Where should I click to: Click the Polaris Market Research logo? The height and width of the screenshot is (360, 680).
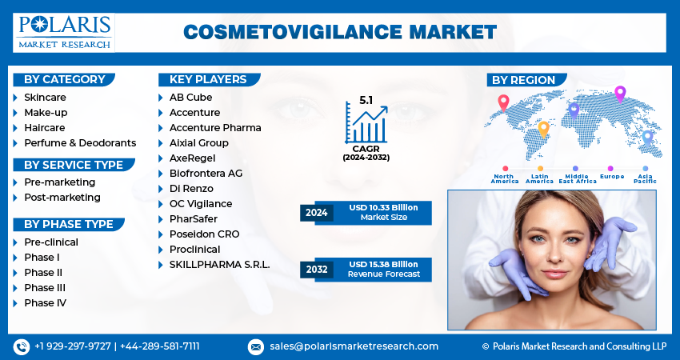64,33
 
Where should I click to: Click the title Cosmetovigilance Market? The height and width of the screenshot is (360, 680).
340,32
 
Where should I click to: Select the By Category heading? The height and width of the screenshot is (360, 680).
65,79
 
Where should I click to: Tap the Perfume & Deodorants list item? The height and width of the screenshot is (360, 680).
80,142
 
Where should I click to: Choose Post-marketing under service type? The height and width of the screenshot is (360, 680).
62,198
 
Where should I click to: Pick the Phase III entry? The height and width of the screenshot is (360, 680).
45,287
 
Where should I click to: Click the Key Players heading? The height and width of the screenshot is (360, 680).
208,79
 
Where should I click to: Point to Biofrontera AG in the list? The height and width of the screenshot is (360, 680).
206,173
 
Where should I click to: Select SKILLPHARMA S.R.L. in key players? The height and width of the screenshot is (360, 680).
220,265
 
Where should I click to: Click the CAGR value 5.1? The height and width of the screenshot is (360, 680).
366,100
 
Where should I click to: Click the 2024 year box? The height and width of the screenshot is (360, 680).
317,213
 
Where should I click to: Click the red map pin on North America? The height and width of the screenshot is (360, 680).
503,102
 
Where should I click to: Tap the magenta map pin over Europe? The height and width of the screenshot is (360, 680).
620,94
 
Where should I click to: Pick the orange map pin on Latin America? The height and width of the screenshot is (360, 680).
543,130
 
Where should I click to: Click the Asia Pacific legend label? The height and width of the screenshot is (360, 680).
645,178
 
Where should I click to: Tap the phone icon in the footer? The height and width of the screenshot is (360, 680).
22,346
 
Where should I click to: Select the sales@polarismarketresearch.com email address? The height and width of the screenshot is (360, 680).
354,346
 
